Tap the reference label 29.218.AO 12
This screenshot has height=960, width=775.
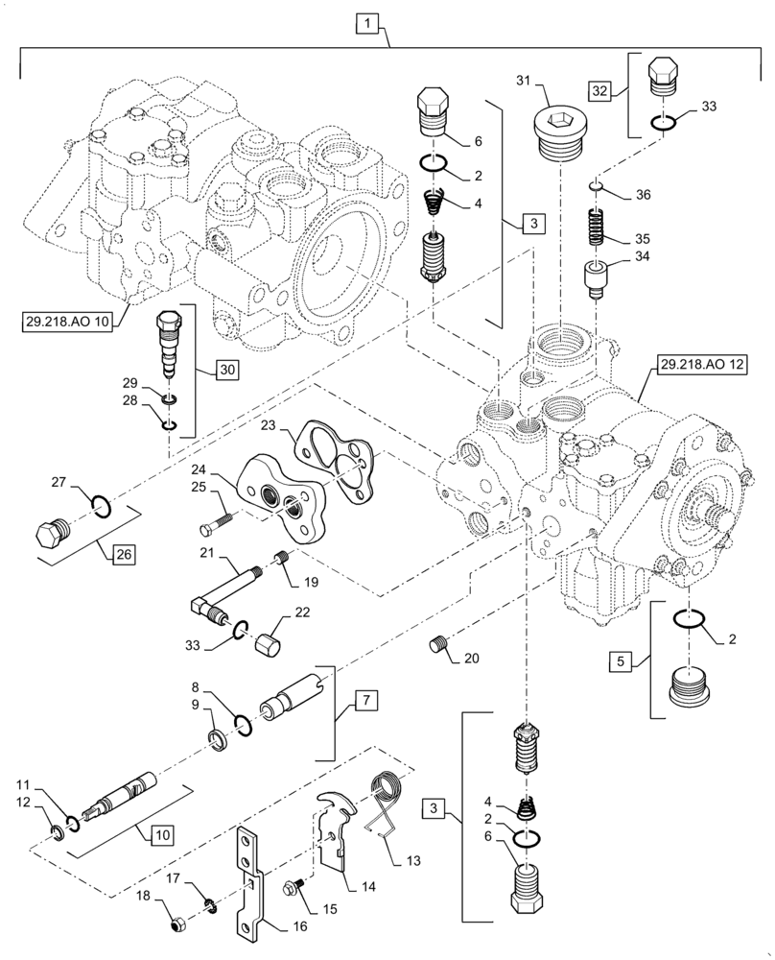(698, 364)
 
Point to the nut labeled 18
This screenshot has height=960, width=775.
(176, 925)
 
